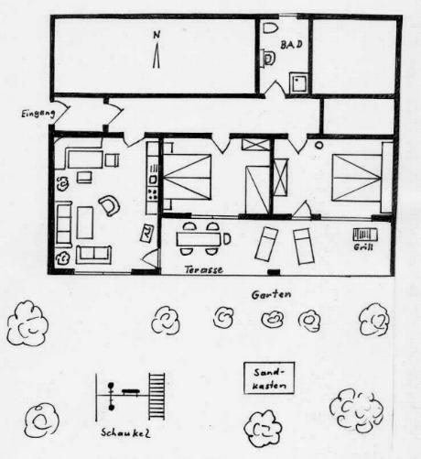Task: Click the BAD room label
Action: coord(291,45)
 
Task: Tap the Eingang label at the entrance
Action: coord(38,114)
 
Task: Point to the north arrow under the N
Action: coord(157,56)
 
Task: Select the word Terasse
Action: coord(204,269)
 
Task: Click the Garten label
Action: coord(271,295)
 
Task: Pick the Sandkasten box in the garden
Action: coord(269,378)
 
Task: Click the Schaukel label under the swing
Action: coord(125,432)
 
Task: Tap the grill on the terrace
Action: coord(365,235)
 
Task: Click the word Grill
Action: coord(363,246)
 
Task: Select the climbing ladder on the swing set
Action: coord(157,397)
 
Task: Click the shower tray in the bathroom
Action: coord(298,82)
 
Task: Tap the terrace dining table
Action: coord(199,239)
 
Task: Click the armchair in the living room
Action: coord(109,205)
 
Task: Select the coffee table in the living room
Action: coord(85,223)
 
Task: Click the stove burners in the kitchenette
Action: coord(152,193)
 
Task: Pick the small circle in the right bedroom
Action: coord(319,146)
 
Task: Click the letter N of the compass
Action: coord(157,35)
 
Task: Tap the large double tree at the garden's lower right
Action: coord(357,410)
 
